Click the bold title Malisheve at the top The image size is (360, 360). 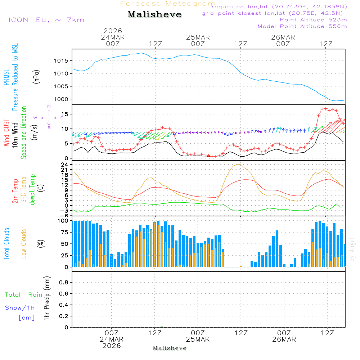coord(155,14)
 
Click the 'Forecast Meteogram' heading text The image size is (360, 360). coord(168,4)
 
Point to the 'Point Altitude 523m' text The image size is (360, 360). coord(313,19)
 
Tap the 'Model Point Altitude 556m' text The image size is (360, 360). coord(302,26)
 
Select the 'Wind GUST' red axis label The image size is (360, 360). coord(6,132)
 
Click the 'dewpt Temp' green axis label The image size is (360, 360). coord(32,190)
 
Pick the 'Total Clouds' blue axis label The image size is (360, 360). coord(6,244)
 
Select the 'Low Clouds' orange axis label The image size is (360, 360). coord(24,244)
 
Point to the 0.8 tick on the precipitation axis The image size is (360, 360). coord(64,283)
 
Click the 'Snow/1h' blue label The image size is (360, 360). coord(20,308)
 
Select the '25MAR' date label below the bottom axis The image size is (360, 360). coord(198,339)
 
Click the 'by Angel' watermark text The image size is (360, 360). coord(352,249)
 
